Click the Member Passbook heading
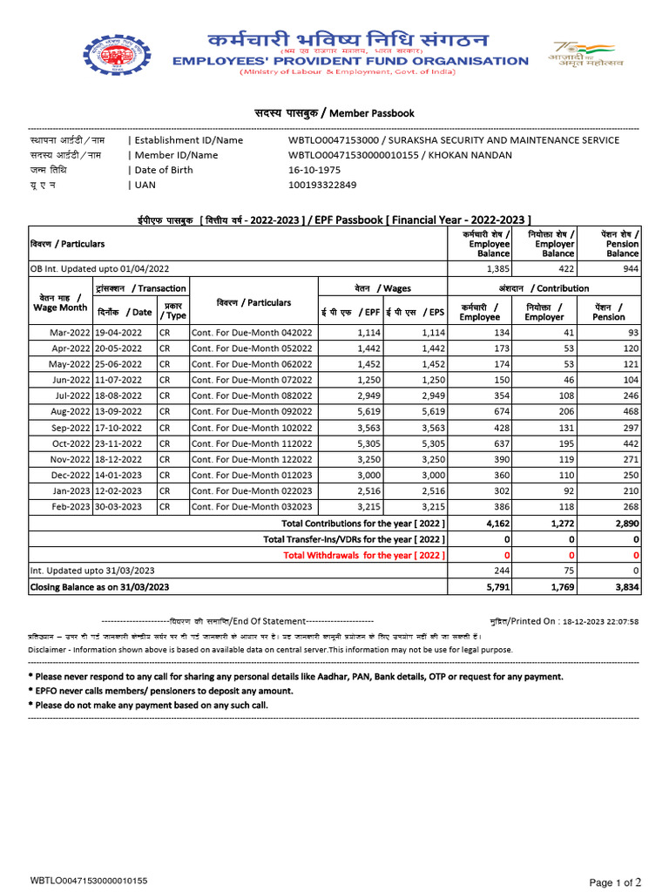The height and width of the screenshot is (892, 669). point(334,113)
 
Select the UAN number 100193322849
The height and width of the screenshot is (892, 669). point(322,185)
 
